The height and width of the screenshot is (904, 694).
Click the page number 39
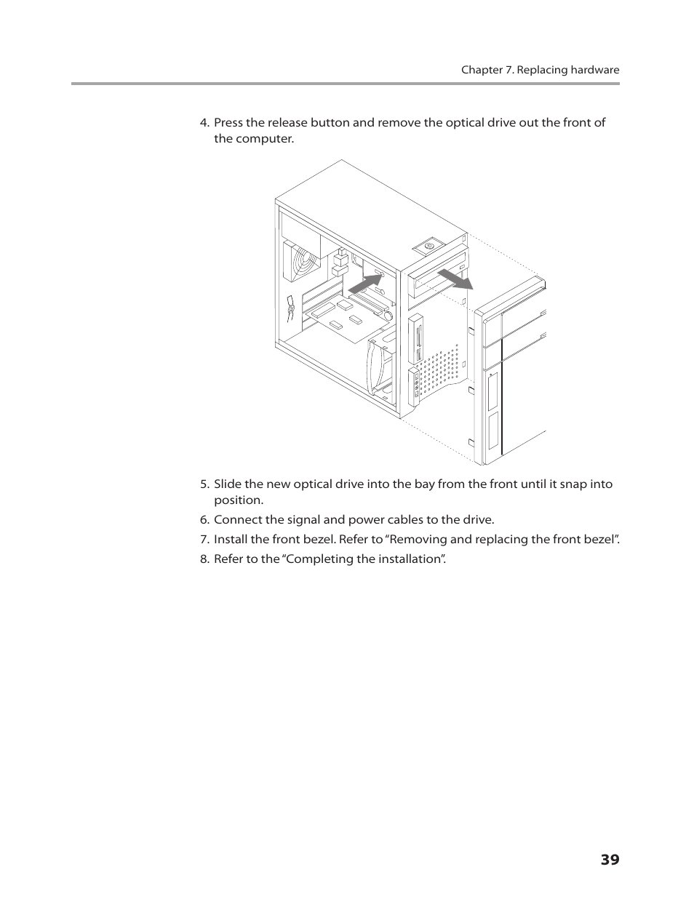pos(610,860)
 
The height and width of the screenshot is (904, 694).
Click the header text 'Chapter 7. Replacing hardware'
pos(540,70)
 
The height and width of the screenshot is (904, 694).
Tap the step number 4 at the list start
pos(204,123)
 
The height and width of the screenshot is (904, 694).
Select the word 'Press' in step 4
pos(228,123)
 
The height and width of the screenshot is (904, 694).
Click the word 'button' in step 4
pos(330,123)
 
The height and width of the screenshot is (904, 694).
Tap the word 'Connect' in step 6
pos(236,520)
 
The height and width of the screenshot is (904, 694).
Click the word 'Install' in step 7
pos(231,540)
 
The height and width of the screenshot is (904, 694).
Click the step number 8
pos(204,559)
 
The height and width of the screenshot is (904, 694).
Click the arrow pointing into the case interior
pos(366,283)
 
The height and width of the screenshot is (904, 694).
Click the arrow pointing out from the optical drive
pos(455,279)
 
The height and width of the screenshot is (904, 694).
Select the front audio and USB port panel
pos(415,385)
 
